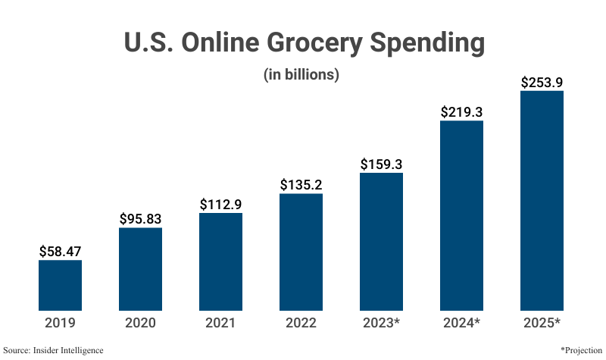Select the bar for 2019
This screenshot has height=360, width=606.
(x=60, y=285)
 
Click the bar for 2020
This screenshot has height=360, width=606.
(x=140, y=269)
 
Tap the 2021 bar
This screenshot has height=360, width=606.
(x=220, y=261)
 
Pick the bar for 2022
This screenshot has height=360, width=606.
(x=301, y=252)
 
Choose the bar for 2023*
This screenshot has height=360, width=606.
(x=381, y=241)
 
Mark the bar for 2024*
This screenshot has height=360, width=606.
(x=461, y=215)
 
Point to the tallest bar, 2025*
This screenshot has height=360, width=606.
(x=542, y=200)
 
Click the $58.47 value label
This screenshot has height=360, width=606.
(x=60, y=250)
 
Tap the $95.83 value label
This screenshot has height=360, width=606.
(x=140, y=218)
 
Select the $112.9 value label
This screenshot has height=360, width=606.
(x=220, y=204)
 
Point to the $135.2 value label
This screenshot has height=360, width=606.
(x=301, y=184)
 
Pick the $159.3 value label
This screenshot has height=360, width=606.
(x=381, y=163)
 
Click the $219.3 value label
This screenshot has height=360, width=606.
(x=461, y=111)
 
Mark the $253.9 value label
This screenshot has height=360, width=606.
(x=542, y=82)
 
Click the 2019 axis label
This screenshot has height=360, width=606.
(x=60, y=323)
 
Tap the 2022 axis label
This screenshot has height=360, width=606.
(x=301, y=323)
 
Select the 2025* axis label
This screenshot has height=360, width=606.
(x=542, y=323)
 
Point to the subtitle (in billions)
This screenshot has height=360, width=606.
(x=301, y=75)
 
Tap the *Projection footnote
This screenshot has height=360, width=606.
(x=581, y=350)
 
